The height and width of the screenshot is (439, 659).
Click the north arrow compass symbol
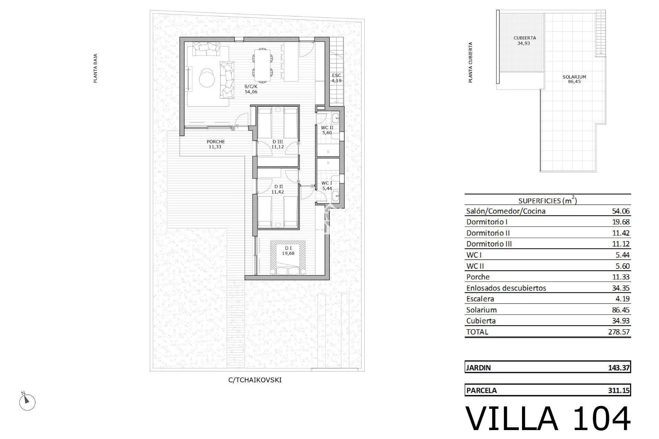[27, 401]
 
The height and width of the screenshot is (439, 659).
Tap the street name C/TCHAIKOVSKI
[255, 380]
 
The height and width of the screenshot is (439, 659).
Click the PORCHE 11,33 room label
[216, 144]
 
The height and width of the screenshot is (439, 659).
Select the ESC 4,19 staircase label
[336, 78]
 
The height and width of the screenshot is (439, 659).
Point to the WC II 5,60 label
[327, 130]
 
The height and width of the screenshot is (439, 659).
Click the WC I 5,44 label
[327, 186]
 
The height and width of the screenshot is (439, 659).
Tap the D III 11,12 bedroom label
[278, 144]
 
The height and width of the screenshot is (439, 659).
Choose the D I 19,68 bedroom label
[288, 251]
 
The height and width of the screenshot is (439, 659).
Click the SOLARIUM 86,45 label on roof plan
[574, 79]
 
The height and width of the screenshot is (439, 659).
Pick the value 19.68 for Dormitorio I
[621, 222]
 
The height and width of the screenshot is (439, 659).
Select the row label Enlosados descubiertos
[506, 288]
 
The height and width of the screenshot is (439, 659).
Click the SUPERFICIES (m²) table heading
[547, 201]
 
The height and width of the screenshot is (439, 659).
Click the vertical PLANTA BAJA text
[96, 68]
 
